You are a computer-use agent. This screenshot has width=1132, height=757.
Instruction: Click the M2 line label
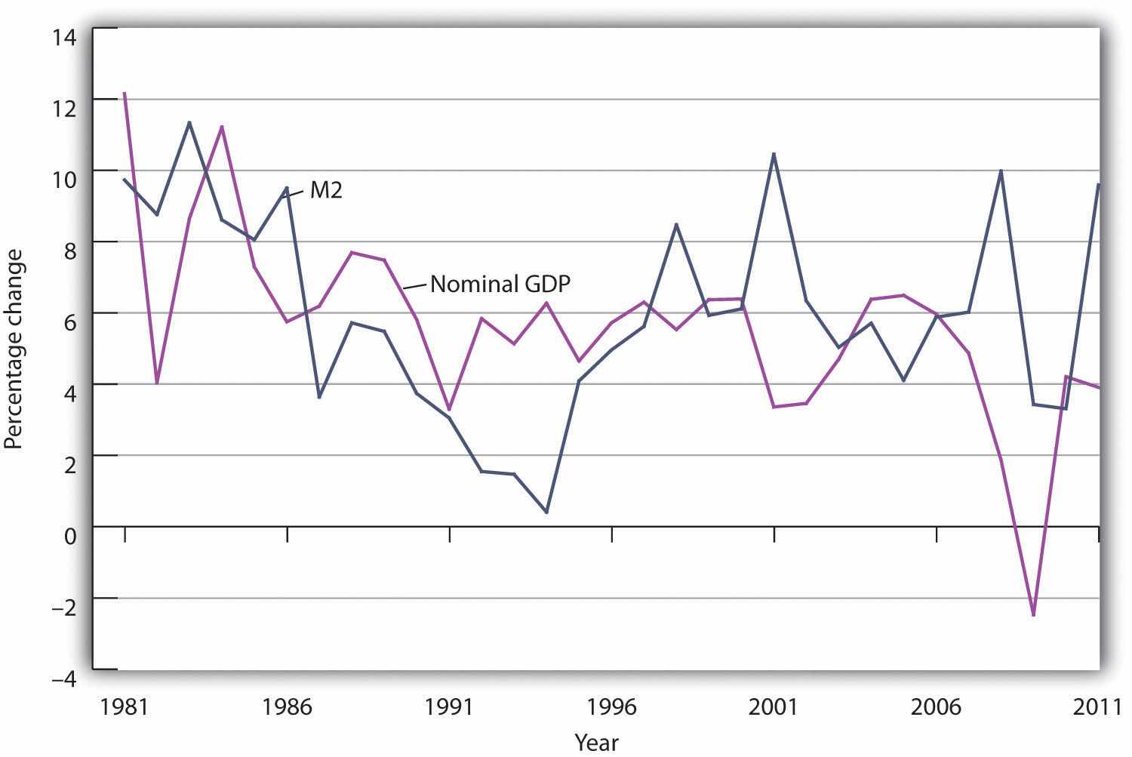326,190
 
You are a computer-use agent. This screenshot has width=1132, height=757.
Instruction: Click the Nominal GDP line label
500,285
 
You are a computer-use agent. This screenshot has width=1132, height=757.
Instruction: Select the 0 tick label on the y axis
70,536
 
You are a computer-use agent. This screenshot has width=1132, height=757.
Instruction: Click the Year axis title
596,743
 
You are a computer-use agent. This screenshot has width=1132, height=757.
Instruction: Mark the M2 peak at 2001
774,153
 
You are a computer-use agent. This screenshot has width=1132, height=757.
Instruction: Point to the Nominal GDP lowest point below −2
1033,615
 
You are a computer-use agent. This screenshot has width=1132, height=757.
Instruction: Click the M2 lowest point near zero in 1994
546,512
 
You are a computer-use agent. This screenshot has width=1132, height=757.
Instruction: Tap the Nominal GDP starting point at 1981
124,93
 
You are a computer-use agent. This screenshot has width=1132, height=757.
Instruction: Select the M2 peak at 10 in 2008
1001,171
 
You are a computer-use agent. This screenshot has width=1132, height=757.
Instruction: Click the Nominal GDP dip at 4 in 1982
157,383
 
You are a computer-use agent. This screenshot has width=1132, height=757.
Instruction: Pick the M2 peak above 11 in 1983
189,122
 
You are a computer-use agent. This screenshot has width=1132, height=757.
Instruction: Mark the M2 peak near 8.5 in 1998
676,224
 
